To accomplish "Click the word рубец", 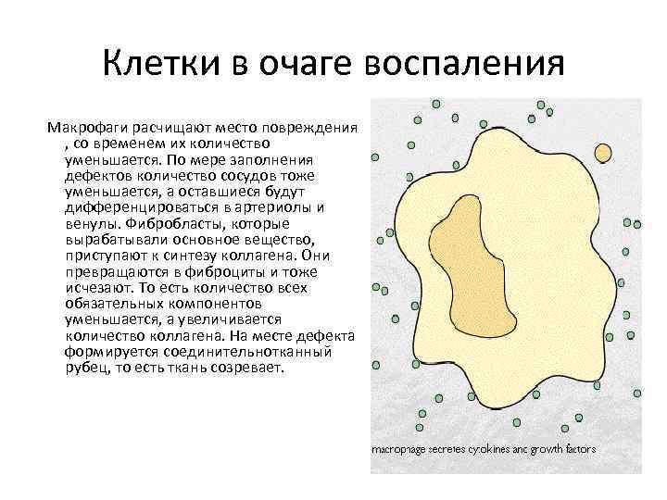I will [84, 368].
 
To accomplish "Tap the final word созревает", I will [250, 368].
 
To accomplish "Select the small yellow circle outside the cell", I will [602, 152].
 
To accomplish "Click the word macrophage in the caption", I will [400, 449].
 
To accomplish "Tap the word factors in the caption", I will [575, 449].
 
